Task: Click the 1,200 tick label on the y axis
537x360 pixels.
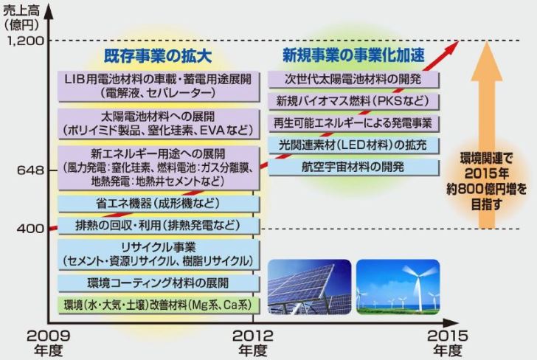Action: [26, 41]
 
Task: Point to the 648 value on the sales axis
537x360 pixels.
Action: [31, 170]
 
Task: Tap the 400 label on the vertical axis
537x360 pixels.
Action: [30, 228]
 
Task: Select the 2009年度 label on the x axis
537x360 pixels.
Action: [48, 342]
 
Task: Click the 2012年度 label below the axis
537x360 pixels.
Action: [253, 342]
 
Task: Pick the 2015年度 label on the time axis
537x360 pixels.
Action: [447, 342]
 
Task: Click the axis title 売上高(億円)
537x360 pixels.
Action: [21, 18]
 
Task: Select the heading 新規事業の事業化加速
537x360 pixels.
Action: [353, 55]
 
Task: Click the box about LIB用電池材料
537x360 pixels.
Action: [159, 86]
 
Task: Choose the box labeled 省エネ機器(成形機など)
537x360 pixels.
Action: [159, 204]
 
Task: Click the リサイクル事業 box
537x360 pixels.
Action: [159, 255]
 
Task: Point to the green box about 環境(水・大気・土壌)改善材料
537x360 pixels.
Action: [159, 305]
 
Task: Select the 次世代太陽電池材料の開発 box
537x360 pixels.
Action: [354, 80]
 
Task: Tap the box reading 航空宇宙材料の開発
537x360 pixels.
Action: [354, 167]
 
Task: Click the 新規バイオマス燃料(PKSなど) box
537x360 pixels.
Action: [354, 101]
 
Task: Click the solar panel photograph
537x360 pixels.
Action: [310, 287]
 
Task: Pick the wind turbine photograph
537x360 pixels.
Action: [398, 287]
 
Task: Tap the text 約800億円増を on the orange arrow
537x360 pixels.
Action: [486, 189]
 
